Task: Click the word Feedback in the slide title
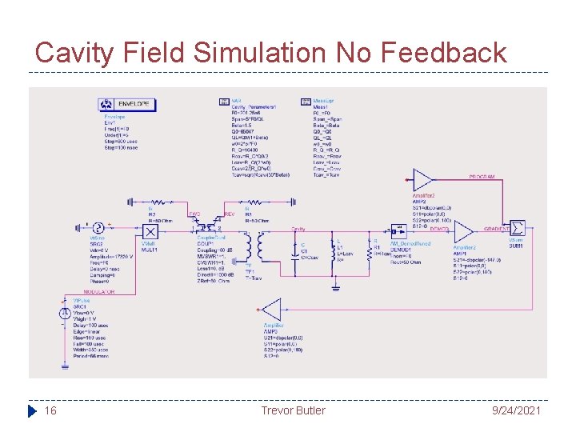[x=444, y=53]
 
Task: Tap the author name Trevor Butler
[x=293, y=410]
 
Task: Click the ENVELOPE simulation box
[x=127, y=105]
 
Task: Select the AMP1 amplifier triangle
[x=463, y=232]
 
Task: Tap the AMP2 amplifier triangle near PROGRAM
[x=422, y=179]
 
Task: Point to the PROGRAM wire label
[x=481, y=176]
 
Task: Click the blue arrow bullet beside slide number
[x=32, y=410]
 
